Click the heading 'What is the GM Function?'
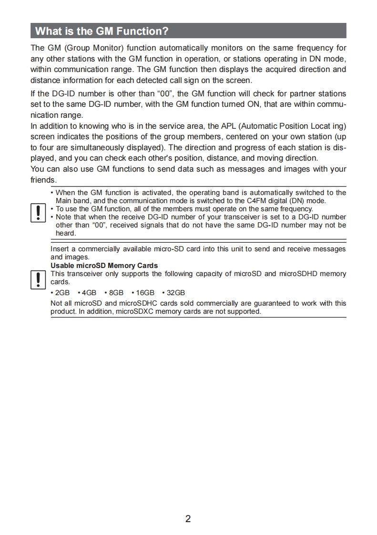(102, 31)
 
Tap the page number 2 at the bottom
(188, 519)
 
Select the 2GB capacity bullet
(61, 293)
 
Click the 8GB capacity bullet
(115, 293)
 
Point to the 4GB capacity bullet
(88, 293)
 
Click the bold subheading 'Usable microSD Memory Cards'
(104, 266)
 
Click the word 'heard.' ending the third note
(66, 233)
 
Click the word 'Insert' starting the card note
(60, 249)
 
